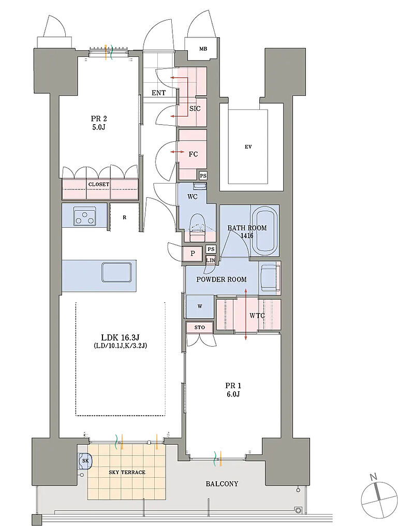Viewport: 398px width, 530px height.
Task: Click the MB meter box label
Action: pyautogui.click(x=203, y=49)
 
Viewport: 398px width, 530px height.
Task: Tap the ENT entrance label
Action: pyautogui.click(x=158, y=93)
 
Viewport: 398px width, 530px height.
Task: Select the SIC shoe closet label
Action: pyautogui.click(x=195, y=109)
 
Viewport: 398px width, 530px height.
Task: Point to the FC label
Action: pyautogui.click(x=193, y=154)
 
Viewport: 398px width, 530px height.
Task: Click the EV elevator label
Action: pyautogui.click(x=248, y=147)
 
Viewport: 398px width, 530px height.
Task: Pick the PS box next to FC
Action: pyautogui.click(x=203, y=176)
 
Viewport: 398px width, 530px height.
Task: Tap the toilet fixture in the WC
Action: pyautogui.click(x=198, y=227)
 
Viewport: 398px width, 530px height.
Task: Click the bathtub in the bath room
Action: pyautogui.click(x=264, y=232)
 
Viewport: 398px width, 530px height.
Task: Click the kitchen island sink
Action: pyautogui.click(x=116, y=272)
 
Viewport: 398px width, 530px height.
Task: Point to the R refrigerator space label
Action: pyautogui.click(x=124, y=218)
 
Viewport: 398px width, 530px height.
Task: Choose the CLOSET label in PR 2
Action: pyautogui.click(x=99, y=185)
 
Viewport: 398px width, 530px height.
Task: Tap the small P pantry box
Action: pyautogui.click(x=193, y=253)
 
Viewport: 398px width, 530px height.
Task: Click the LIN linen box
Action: pyautogui.click(x=211, y=260)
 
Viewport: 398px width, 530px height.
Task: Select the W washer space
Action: pyautogui.click(x=200, y=306)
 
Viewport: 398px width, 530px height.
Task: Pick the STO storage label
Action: pyautogui.click(x=200, y=327)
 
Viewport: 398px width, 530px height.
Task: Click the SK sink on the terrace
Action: pyautogui.click(x=85, y=461)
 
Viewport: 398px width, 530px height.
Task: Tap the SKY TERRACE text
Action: pyautogui.click(x=127, y=473)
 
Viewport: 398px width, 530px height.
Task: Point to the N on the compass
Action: pyautogui.click(x=373, y=477)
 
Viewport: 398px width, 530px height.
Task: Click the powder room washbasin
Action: pyautogui.click(x=270, y=277)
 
